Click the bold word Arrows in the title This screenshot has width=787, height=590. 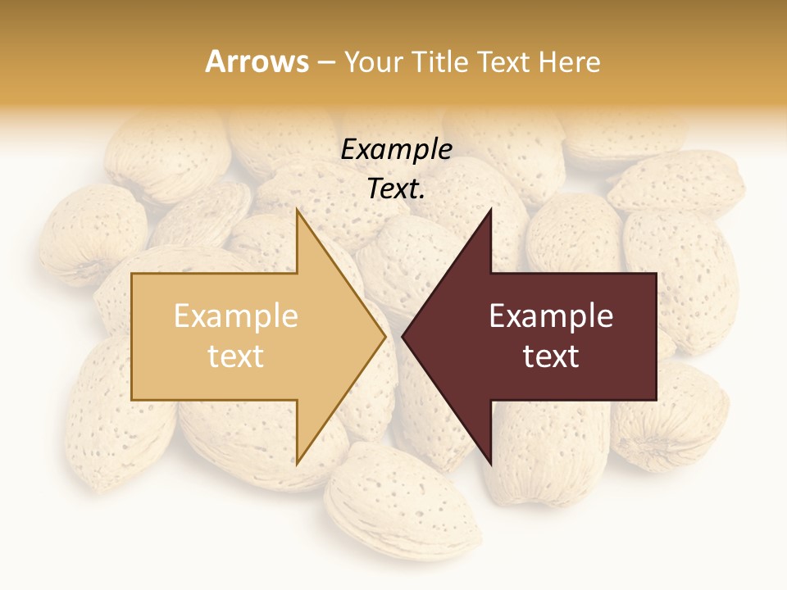(x=257, y=61)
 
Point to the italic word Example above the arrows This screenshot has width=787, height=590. (x=396, y=149)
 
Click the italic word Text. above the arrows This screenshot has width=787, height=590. (x=396, y=189)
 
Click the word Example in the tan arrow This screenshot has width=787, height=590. (x=236, y=315)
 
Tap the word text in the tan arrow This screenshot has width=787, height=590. (x=236, y=356)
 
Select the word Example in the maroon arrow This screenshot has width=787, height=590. (x=551, y=315)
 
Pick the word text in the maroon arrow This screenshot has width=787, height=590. (x=551, y=356)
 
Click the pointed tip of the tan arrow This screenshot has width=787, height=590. (x=384, y=336)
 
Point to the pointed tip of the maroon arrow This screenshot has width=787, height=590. (x=404, y=336)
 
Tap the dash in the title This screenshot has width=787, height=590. (x=325, y=62)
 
